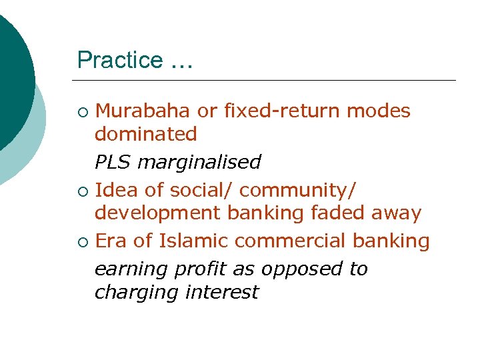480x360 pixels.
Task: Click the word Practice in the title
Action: point(120,60)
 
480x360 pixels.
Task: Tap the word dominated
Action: point(146,134)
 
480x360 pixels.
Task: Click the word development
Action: point(157,213)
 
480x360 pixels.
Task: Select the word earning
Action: point(131,269)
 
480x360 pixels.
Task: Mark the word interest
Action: point(223,293)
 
